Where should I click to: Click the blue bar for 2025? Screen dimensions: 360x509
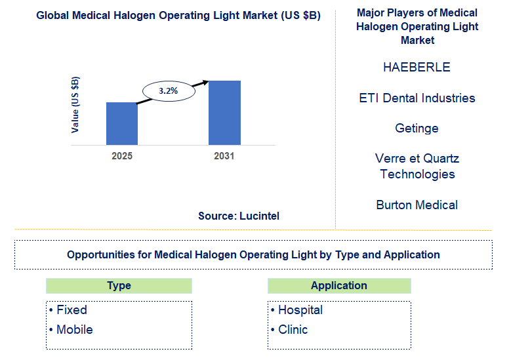pos(122,123)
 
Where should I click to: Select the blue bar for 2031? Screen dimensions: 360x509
pos(224,112)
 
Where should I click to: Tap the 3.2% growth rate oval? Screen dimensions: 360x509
pos(169,91)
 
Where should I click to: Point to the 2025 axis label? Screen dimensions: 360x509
pos(122,156)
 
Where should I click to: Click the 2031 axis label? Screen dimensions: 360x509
pos(224,156)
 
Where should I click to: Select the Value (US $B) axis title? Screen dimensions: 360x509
pos(75,105)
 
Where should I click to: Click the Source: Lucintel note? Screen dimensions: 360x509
pos(239,216)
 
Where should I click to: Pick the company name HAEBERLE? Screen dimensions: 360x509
pos(417,68)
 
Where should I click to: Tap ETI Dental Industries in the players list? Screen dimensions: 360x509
pos(417,98)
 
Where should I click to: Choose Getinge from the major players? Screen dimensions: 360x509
pos(417,129)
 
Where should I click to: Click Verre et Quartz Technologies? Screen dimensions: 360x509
pos(417,167)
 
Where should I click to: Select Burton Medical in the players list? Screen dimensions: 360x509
pos(417,205)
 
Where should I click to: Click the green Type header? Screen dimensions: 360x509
pos(119,286)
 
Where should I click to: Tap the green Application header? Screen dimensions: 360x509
pos(339,286)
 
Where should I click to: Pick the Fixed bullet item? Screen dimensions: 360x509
pos(71,310)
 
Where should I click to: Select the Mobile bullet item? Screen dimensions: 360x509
pos(74,329)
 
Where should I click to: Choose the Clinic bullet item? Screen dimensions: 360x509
pos(293,329)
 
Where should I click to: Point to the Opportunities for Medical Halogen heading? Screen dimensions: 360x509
pos(253,254)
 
